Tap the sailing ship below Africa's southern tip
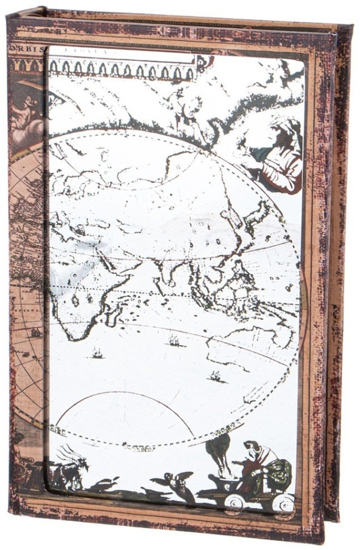coord(97,353)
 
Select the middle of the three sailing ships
coord(173,341)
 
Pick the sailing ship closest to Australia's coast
coord(215,376)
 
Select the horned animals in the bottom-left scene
coord(68,466)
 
